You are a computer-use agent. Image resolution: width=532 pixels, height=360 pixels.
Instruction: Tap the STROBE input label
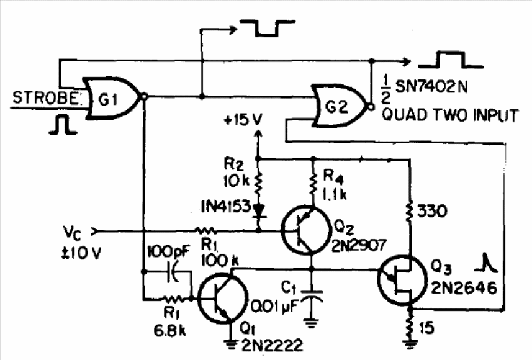(x=46, y=98)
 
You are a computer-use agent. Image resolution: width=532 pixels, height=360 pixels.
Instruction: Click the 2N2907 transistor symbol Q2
(x=306, y=230)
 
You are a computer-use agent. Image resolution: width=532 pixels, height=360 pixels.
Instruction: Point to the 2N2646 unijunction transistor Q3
(x=402, y=280)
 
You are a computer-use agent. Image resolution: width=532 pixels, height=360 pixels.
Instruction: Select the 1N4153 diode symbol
(x=258, y=210)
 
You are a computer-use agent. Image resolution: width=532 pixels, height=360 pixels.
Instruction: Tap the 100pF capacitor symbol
(x=174, y=272)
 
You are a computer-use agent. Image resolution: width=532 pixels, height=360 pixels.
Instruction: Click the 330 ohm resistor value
(x=432, y=212)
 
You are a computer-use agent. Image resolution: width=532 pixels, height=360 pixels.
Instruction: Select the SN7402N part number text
(x=431, y=87)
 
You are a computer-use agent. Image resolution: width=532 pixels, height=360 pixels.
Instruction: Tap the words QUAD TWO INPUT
(x=450, y=115)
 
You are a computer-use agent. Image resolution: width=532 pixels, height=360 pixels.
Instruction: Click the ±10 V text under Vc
(x=81, y=253)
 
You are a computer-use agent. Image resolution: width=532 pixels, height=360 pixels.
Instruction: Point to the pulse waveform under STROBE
(x=63, y=125)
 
